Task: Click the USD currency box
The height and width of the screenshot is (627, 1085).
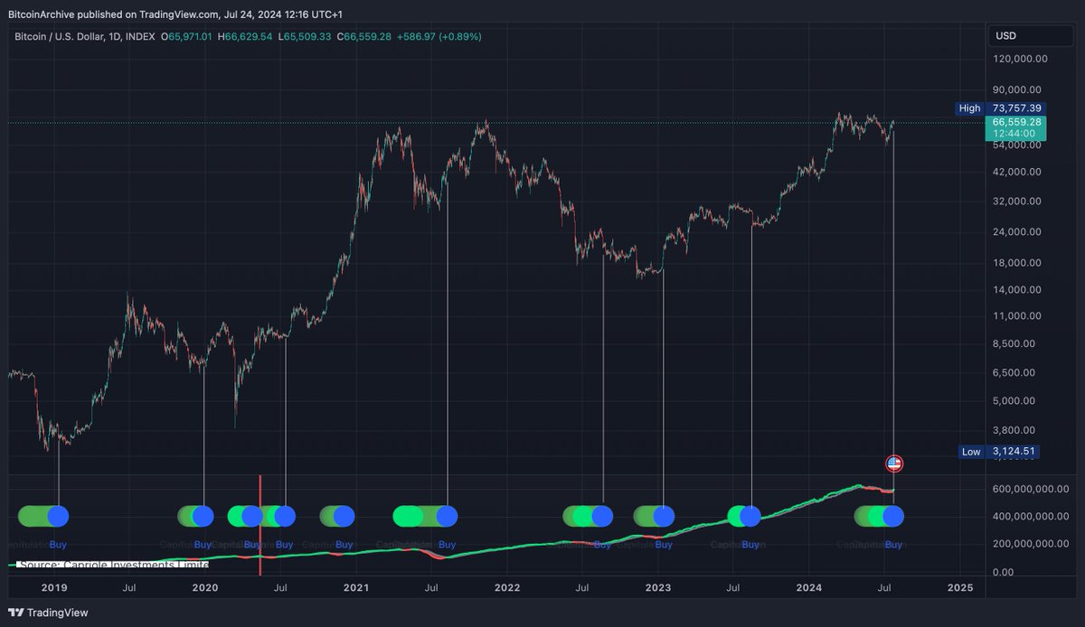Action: (1005, 36)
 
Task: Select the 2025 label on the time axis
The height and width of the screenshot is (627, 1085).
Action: (959, 587)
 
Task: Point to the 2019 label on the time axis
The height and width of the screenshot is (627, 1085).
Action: (54, 587)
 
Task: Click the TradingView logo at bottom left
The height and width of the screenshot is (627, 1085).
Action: (45, 611)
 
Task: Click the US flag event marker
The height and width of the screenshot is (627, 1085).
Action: (894, 463)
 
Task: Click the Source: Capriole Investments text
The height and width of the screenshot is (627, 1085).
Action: (113, 565)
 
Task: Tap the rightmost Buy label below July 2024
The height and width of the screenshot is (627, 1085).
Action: (893, 544)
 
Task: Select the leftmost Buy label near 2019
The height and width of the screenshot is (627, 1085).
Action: (58, 544)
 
